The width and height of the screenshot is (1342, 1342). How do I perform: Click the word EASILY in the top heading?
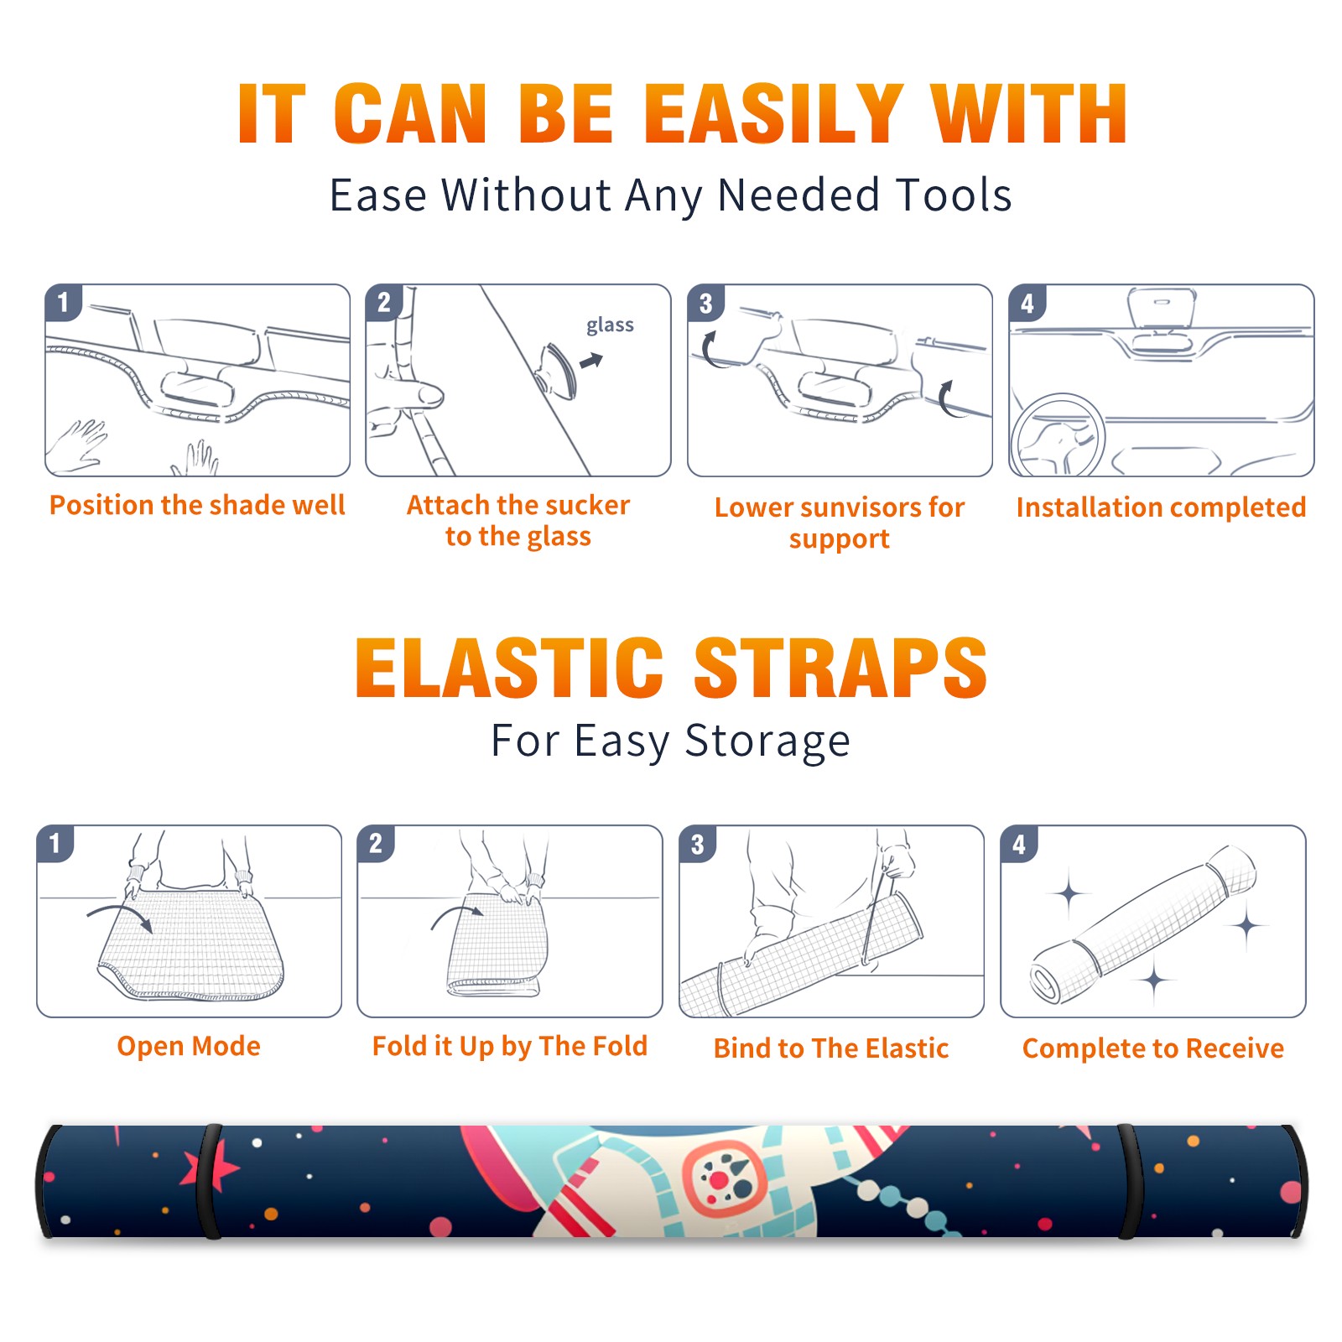773,114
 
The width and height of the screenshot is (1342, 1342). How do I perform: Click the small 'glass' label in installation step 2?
610,325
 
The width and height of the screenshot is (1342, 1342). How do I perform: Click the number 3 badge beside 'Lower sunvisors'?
705,303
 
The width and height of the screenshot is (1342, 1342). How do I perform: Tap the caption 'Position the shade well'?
197,505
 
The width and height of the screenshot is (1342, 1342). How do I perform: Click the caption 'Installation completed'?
1161,507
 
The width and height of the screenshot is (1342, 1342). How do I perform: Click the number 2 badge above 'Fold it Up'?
375,843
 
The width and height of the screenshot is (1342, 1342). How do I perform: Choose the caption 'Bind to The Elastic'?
830,1048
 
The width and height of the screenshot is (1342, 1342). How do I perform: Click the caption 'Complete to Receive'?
1152,1048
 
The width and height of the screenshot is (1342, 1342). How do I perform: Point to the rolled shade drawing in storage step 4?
1143,925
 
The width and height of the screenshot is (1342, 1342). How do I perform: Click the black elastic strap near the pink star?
210,1181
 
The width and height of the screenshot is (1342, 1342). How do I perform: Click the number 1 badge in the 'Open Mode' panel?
55,843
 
